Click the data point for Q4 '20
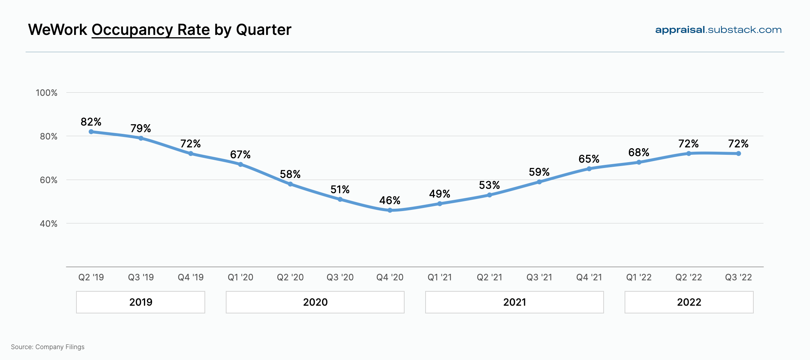click(x=390, y=210)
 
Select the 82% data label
click(x=91, y=122)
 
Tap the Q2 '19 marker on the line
click(x=91, y=132)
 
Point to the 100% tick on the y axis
click(x=47, y=93)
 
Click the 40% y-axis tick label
click(x=48, y=224)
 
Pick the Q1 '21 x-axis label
click(x=440, y=277)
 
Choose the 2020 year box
click(x=315, y=302)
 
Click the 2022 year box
click(x=689, y=302)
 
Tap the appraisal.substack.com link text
click(x=718, y=30)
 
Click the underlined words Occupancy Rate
click(x=151, y=30)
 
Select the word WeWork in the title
click(x=57, y=30)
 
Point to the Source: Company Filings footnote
click(x=48, y=347)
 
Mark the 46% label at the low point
click(x=389, y=201)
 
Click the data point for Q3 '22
click(x=739, y=154)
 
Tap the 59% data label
click(x=539, y=172)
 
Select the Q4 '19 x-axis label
click(x=190, y=277)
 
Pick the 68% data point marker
click(x=639, y=162)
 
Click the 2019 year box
click(x=140, y=302)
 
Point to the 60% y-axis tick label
click(x=48, y=180)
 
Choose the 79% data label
click(x=140, y=128)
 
